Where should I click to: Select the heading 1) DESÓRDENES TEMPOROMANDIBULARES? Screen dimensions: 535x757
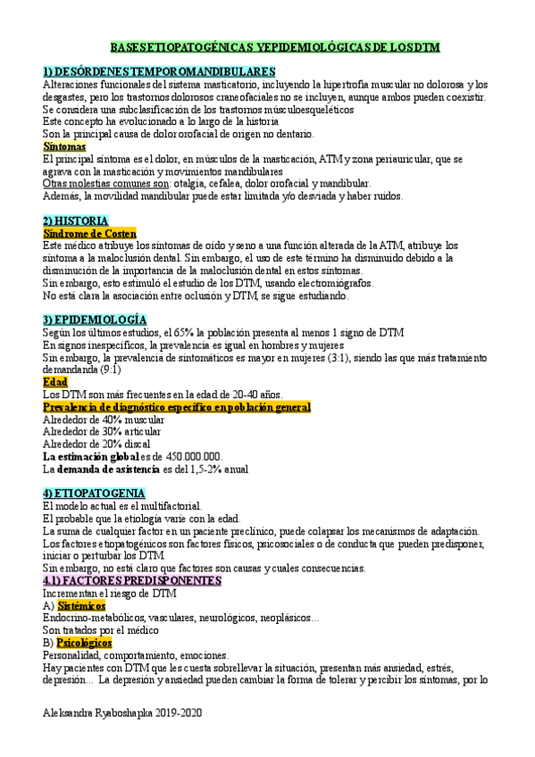pos(159,71)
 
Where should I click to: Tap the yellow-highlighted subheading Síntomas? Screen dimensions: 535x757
pos(64,146)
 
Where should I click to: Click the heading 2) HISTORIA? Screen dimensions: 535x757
pos(76,220)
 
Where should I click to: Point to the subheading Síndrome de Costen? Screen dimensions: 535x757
pos(89,232)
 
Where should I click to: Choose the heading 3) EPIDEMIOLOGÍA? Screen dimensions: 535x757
pos(95,319)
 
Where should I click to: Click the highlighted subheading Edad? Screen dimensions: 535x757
pos(55,380)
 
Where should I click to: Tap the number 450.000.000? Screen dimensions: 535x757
pos(260,456)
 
